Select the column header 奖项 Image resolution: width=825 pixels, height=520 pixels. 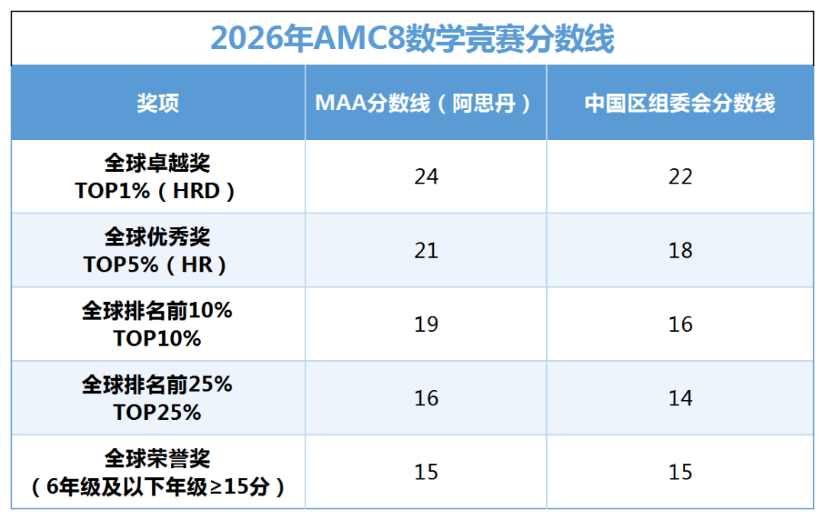158,103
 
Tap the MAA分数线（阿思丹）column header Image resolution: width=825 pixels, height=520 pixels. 425,103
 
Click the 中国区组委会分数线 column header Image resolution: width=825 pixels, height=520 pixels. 680,103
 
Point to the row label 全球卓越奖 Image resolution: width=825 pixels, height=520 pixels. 157,163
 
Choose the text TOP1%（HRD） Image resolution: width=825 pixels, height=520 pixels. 157,190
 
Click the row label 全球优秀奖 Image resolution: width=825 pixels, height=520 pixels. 157,237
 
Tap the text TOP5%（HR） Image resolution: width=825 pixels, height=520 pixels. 157,265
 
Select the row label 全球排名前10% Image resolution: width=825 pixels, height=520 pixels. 157,311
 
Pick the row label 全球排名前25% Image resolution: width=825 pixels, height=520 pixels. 157,385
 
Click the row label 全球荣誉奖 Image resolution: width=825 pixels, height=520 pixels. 157,459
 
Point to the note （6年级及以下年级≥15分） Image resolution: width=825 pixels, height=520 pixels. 157,486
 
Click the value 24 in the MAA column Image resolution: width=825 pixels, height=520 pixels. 426,177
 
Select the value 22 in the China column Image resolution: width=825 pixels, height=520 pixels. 680,177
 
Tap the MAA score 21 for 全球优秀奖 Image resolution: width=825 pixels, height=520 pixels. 426,251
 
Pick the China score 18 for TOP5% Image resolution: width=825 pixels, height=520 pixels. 680,251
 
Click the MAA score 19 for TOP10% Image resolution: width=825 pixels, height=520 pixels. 426,324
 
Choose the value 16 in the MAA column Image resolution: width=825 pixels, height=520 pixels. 426,398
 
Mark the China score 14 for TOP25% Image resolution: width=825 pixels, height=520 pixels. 680,398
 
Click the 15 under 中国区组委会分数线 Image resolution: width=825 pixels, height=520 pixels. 680,472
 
